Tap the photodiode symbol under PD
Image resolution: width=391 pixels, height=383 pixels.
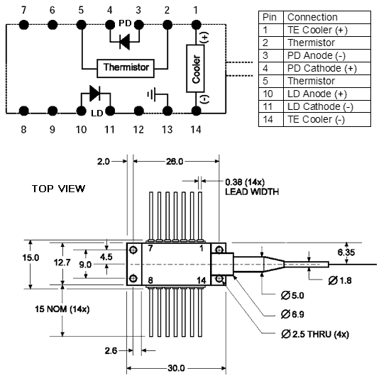pyautogui.click(x=125, y=41)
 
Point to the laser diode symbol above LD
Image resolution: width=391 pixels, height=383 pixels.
pyautogui.click(x=95, y=93)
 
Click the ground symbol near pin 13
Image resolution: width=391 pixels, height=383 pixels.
pyautogui.click(x=152, y=94)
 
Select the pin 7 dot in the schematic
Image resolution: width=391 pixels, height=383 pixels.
pyautogui.click(x=23, y=25)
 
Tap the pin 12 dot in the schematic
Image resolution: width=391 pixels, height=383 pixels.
pyautogui.click(x=138, y=111)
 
